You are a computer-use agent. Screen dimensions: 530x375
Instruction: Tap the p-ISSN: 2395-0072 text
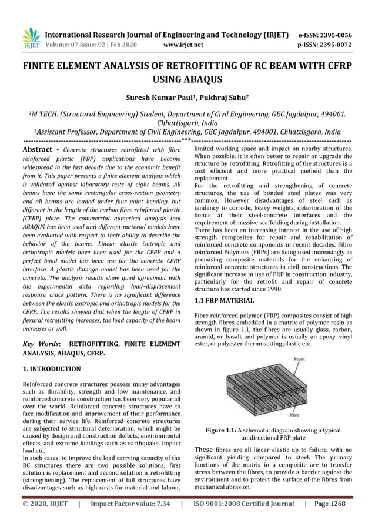[x=323, y=44]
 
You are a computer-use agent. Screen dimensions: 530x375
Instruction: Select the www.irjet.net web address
[x=185, y=44]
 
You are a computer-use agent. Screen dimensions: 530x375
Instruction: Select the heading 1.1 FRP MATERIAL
[x=224, y=301]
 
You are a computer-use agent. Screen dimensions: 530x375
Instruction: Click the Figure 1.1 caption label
[x=222, y=430]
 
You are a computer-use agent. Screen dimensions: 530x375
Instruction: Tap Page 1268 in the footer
[x=330, y=504]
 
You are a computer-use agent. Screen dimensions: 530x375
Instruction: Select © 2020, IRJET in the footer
[x=45, y=504]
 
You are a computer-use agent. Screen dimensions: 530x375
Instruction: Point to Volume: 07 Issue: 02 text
[x=78, y=44]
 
